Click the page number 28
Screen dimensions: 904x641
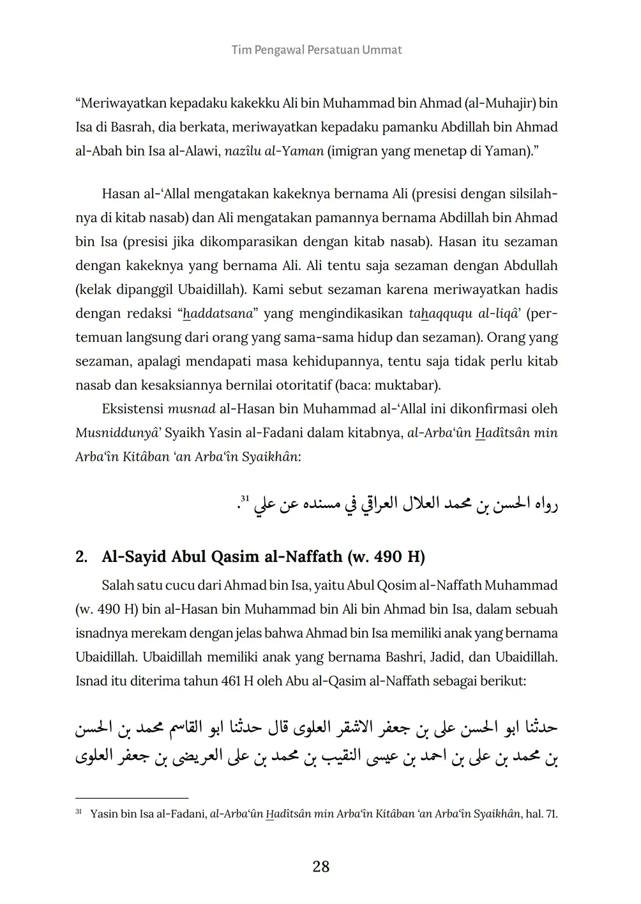pyautogui.click(x=320, y=866)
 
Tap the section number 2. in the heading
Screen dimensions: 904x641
pyautogui.click(x=82, y=557)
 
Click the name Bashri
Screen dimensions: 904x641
pyautogui.click(x=403, y=657)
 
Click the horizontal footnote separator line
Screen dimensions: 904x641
pyautogui.click(x=132, y=798)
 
